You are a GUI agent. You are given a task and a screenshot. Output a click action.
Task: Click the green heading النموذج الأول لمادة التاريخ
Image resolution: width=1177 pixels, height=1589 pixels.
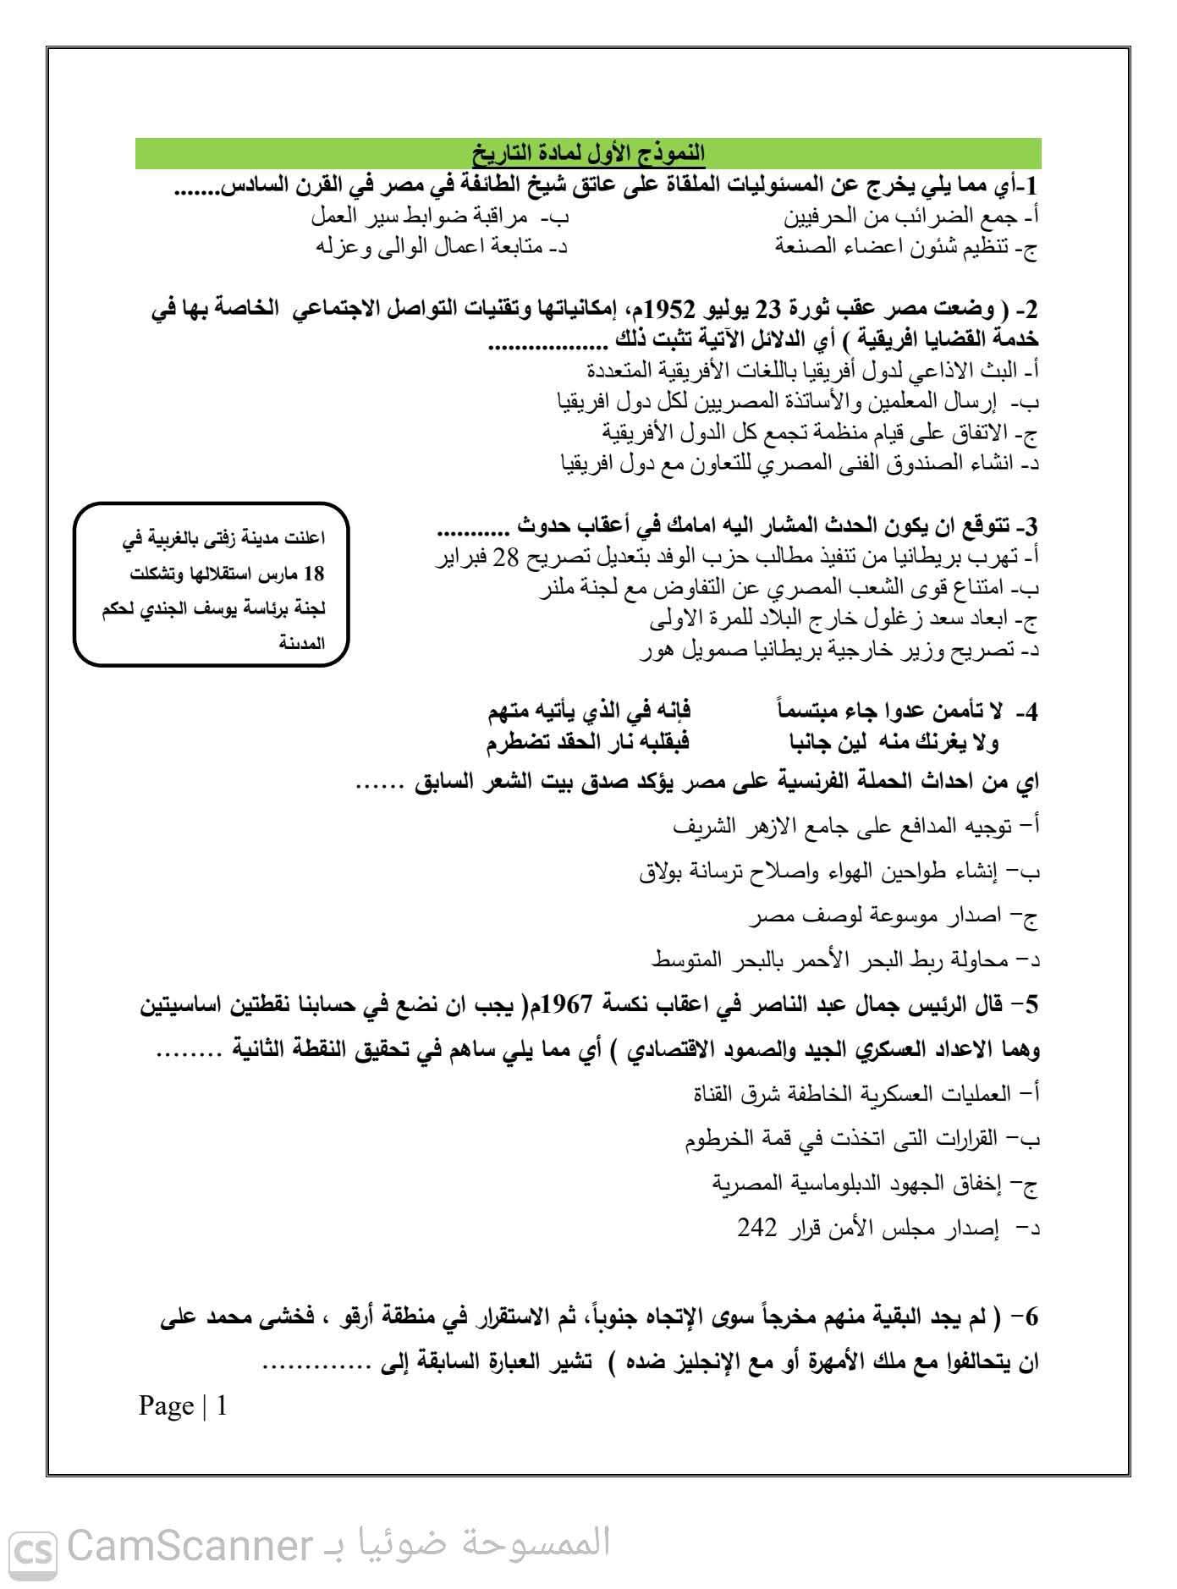tap(588, 154)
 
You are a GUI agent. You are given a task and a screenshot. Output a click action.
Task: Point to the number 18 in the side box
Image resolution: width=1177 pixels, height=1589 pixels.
tap(313, 573)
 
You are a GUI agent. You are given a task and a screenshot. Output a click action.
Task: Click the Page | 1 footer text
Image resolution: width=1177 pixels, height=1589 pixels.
tap(183, 1406)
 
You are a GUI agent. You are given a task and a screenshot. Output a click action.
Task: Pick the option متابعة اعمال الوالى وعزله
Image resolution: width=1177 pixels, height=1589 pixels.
tap(440, 248)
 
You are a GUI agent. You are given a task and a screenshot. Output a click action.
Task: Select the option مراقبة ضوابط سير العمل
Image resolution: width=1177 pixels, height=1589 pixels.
tap(440, 217)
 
